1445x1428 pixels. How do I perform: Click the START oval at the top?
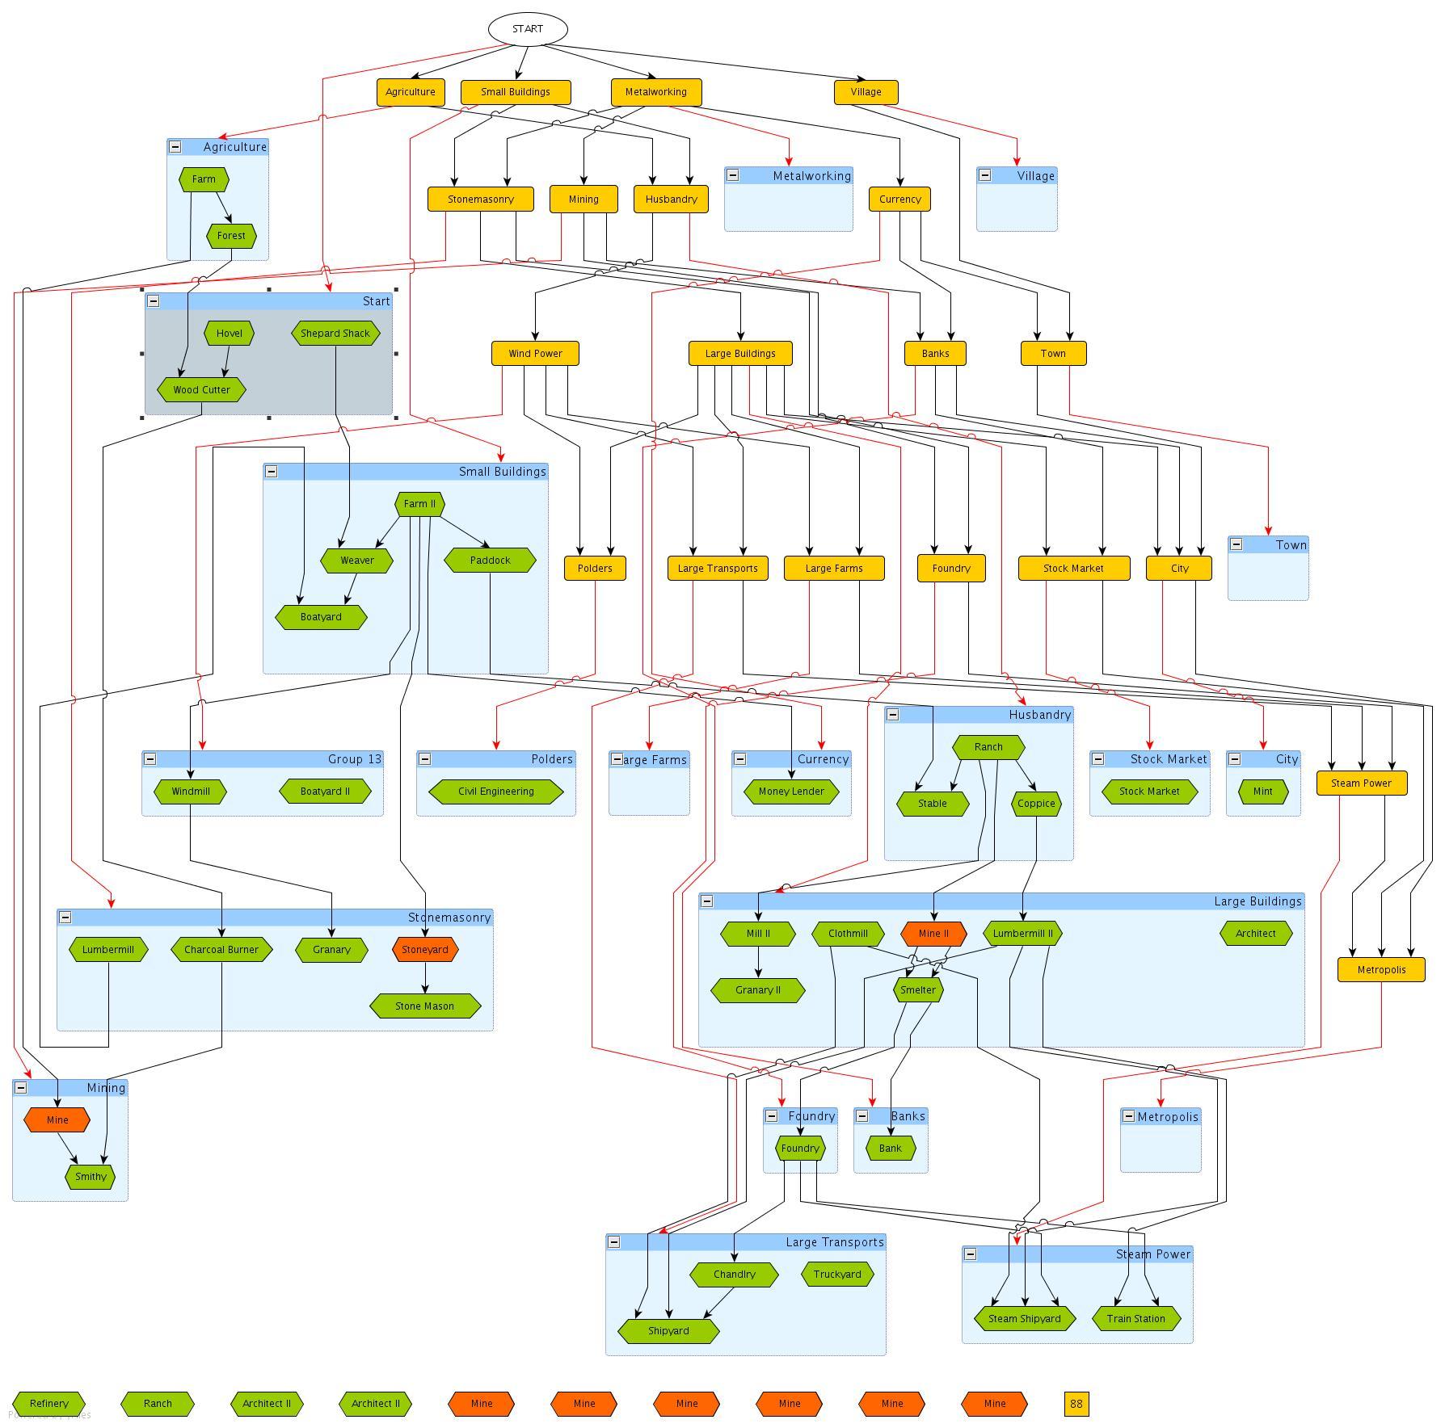(528, 29)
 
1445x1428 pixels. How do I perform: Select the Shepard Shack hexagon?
(335, 334)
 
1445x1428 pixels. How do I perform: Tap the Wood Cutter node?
(201, 390)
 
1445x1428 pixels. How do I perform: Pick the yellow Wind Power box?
(535, 354)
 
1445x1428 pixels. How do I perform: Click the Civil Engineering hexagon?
(495, 792)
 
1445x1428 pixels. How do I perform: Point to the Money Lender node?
(791, 792)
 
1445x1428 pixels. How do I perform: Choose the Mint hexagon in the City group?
(1262, 792)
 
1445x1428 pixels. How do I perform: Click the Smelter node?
(918, 990)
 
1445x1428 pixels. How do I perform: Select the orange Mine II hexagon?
(933, 934)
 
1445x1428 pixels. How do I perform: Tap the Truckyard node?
(837, 1275)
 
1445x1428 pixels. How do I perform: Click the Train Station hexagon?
(1135, 1319)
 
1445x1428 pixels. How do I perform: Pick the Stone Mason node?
(424, 1006)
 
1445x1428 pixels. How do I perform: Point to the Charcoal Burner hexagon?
(221, 950)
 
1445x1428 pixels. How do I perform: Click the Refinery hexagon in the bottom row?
(48, 1404)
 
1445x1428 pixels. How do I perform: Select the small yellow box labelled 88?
(1076, 1404)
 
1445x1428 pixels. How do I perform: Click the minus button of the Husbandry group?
(893, 715)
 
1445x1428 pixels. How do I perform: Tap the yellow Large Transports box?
(718, 569)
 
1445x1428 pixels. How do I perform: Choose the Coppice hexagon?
(1036, 804)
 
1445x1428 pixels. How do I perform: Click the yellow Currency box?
(899, 199)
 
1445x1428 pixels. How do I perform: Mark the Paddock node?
(490, 561)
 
